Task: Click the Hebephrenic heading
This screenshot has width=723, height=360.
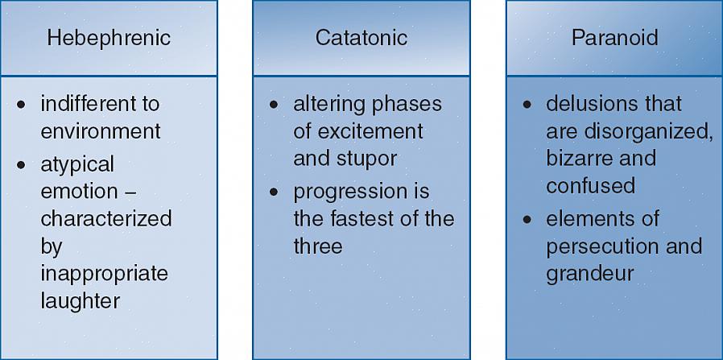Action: pos(109,38)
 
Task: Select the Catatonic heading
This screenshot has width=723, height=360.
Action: pos(361,38)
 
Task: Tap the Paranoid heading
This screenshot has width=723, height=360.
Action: pos(614,38)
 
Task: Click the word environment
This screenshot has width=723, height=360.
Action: pos(101,131)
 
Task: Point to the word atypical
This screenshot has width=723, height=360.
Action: pos(77,165)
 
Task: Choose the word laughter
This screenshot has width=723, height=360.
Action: pos(81,302)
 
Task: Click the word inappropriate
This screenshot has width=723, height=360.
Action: pos(104,275)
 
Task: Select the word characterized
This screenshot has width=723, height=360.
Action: pos(106,218)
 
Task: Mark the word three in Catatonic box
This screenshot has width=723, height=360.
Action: pos(318,246)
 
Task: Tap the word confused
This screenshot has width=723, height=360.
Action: pos(590,186)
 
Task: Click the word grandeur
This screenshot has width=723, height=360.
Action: pos(589,275)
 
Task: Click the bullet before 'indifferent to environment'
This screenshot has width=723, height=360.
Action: pos(21,105)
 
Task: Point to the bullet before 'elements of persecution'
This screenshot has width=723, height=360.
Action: pos(527,220)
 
